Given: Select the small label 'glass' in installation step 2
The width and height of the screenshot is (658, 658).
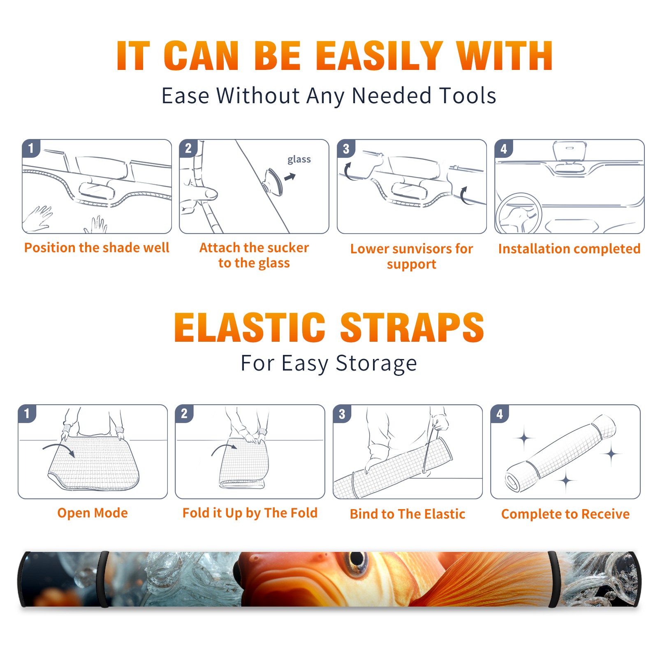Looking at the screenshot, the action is pyautogui.click(x=299, y=160).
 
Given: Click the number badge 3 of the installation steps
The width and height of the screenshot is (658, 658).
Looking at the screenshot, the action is pyautogui.click(x=346, y=148).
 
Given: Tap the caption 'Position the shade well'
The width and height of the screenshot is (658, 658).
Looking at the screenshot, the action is pyautogui.click(x=97, y=248).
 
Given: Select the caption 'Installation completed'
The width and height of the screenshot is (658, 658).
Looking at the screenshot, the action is pyautogui.click(x=569, y=248).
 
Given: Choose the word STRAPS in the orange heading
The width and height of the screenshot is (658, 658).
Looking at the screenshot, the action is pyautogui.click(x=412, y=327).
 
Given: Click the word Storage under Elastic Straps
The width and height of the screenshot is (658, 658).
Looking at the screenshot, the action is pyautogui.click(x=376, y=364).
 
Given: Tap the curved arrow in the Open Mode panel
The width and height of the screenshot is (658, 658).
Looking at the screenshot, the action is pyautogui.click(x=59, y=449).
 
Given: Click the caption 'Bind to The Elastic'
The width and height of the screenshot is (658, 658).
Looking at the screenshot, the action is pyautogui.click(x=408, y=514).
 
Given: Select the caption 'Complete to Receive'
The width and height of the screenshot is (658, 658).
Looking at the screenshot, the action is pyautogui.click(x=565, y=514).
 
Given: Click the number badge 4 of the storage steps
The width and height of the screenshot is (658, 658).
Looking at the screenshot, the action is pyautogui.click(x=499, y=414).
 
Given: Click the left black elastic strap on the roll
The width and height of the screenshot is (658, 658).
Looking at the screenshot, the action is pyautogui.click(x=104, y=579).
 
